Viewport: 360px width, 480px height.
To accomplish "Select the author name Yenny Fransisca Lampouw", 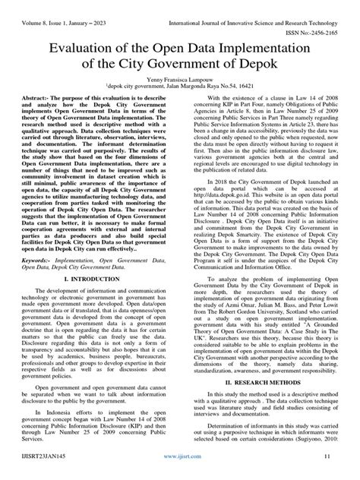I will click(179, 99).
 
